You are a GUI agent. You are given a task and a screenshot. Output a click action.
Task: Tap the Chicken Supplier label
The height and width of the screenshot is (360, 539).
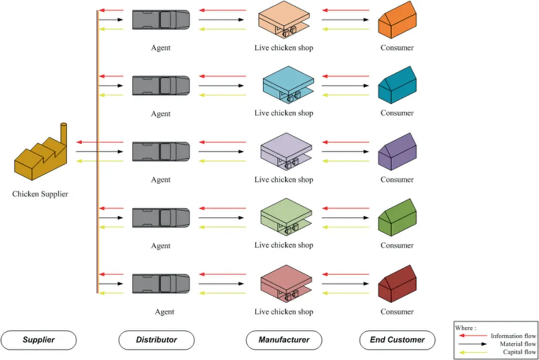pos(40,194)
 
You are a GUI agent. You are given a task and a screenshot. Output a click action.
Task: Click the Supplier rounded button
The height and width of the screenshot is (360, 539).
pos(38,340)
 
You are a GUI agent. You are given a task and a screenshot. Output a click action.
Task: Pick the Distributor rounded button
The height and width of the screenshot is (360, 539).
pos(156,340)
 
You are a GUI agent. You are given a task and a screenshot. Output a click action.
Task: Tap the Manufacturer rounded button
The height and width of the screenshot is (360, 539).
pos(284,340)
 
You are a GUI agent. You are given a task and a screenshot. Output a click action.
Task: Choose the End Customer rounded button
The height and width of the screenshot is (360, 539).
pos(397,340)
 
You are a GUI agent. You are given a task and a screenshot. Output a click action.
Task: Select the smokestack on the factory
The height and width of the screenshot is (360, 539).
pos(64,132)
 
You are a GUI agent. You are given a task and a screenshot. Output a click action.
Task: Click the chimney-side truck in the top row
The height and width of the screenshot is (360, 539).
pos(161,20)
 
